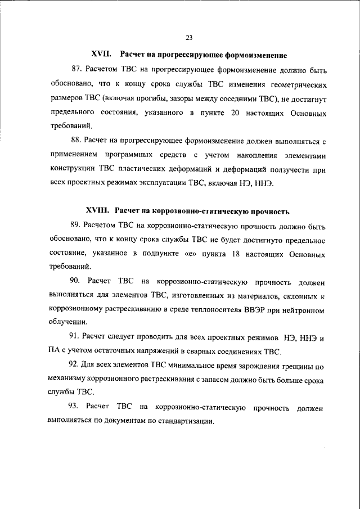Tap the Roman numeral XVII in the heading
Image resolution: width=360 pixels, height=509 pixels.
[x=101, y=55]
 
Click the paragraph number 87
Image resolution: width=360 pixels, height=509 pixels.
[x=77, y=72]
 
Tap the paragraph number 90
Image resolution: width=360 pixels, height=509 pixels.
[x=77, y=280]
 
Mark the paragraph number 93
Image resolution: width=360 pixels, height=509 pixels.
[x=77, y=407]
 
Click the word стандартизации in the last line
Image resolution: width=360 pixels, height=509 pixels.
[x=187, y=421]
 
